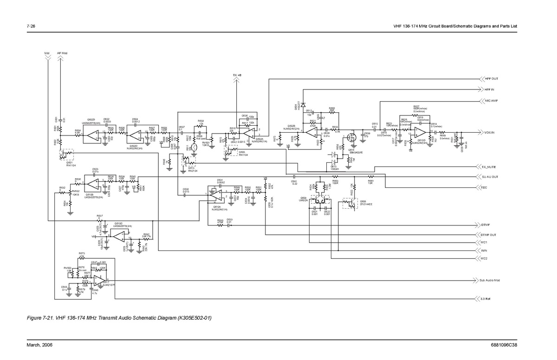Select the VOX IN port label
tap(490, 132)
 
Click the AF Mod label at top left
tap(62, 53)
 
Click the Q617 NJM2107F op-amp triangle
tap(98, 281)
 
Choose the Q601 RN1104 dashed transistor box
tap(68, 154)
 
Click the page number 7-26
tap(32, 26)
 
